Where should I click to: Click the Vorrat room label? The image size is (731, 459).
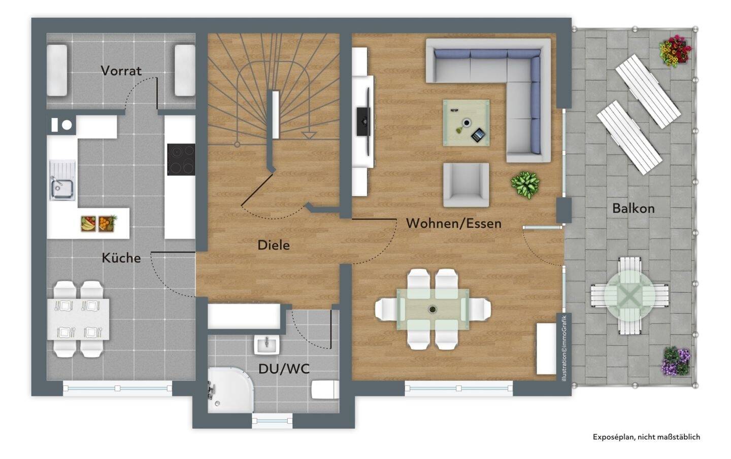121,70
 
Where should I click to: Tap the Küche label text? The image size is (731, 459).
121,258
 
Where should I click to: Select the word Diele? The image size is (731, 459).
274,245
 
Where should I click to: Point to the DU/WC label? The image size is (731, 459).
284,369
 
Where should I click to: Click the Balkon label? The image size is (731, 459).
634,208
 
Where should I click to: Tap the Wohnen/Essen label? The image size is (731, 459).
454,223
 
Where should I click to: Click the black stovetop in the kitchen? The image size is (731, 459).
181,159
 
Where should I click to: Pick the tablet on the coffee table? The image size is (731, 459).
478,135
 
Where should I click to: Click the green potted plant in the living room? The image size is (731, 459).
525,185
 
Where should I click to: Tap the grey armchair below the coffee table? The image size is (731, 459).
466,185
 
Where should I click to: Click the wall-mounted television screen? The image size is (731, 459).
363,121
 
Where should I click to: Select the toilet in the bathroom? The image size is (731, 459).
325,389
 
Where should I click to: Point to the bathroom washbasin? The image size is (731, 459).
267,345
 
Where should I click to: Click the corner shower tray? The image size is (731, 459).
230,390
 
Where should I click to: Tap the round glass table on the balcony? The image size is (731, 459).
629,295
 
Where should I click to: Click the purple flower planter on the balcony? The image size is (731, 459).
676,361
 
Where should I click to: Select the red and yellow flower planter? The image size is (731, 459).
675,51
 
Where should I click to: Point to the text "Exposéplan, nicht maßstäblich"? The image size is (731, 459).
646,437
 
